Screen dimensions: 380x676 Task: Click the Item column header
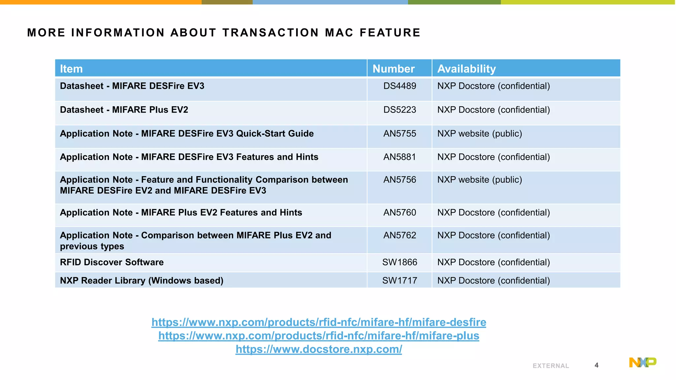pos(71,69)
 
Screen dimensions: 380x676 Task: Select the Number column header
pos(393,69)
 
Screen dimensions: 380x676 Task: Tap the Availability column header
pos(466,69)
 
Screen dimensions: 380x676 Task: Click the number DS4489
pos(400,86)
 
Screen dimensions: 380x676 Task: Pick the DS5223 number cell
pos(400,110)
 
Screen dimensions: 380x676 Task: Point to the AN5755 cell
pos(400,134)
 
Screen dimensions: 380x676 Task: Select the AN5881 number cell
pos(400,157)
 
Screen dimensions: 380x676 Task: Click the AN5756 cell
pos(400,180)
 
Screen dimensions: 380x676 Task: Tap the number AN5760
pos(400,213)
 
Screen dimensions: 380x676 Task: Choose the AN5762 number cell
pos(400,236)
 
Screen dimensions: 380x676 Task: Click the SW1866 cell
pos(400,262)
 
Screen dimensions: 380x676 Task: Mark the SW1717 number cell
pos(400,281)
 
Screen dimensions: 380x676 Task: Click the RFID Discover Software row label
pos(112,262)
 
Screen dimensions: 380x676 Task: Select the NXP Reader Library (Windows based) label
pos(142,281)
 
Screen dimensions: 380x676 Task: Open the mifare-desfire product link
pos(319,322)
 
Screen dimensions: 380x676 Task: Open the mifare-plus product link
pos(319,335)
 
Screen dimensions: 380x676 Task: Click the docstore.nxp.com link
pos(319,349)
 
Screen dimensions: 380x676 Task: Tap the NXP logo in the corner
pos(642,362)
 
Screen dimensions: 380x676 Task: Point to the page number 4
pos(596,365)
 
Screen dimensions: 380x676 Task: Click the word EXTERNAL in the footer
pos(551,366)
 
